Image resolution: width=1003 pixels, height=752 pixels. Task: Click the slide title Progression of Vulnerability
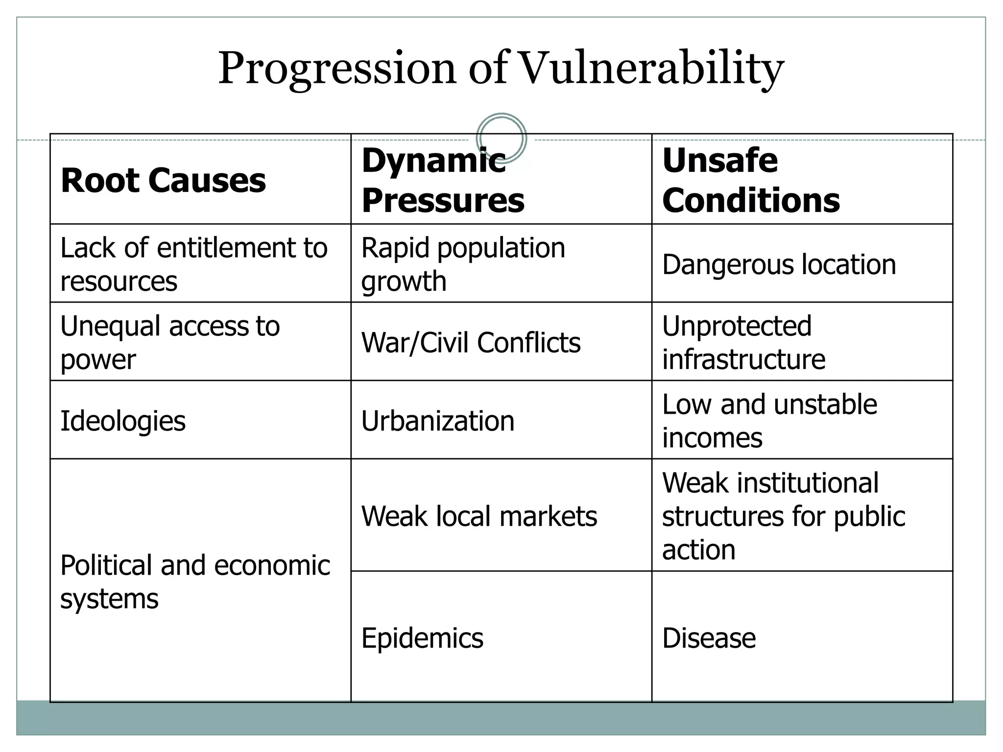pos(501,69)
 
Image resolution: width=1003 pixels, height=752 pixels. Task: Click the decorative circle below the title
pos(501,138)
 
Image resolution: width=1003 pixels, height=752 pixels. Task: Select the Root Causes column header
pos(163,180)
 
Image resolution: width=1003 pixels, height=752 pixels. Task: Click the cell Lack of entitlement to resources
pos(193,264)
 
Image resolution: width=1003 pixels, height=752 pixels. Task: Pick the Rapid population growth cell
pos(463,264)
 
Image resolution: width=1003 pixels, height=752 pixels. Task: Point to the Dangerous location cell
pos(779,264)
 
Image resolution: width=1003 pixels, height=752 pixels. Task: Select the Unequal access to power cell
pos(169,342)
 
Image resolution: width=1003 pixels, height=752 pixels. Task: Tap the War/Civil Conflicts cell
pos(471,342)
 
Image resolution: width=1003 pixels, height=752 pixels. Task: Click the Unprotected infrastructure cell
pos(743,342)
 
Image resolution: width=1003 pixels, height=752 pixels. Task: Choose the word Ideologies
pos(123,421)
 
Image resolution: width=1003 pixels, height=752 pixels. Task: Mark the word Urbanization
pos(438,421)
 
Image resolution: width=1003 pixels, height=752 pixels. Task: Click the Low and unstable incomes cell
pos(769,421)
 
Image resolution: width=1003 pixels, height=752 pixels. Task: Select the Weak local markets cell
pos(479,516)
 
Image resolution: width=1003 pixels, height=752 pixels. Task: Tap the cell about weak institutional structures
pos(783,516)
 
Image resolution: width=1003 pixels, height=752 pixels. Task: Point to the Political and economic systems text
pos(195,582)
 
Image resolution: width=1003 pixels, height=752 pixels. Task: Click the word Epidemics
pos(422,638)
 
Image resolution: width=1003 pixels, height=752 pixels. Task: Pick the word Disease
pos(709,638)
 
